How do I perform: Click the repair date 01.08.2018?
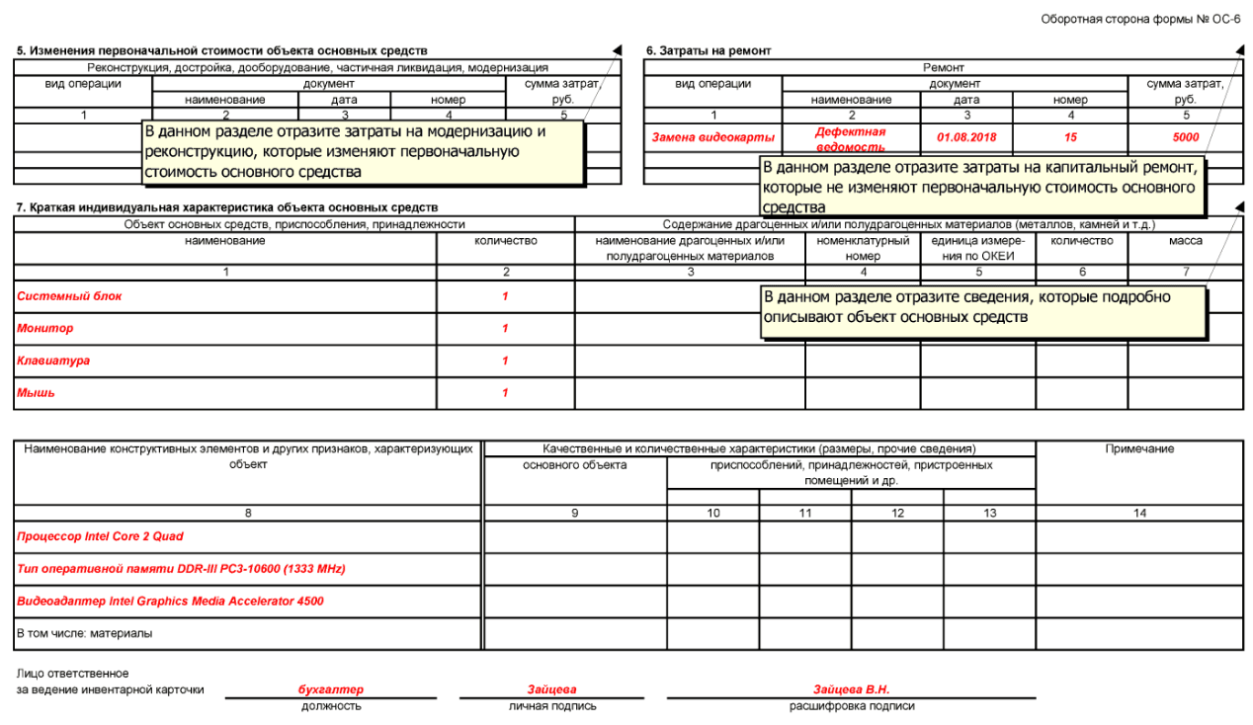[965, 138]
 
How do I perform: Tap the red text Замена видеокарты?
[712, 138]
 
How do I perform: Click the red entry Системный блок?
[69, 296]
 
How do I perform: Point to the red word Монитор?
[44, 328]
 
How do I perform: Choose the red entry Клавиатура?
[53, 361]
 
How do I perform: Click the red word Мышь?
[36, 393]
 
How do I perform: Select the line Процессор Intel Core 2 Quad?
[100, 536]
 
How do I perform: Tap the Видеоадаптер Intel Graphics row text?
[170, 601]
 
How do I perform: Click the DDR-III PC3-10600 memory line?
[181, 569]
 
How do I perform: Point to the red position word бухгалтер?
[330, 689]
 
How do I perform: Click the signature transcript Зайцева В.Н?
[851, 689]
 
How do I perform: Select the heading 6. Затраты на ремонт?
[708, 50]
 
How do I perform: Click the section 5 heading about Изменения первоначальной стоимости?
[222, 50]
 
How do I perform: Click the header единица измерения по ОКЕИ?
[978, 249]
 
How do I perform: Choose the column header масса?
[1186, 241]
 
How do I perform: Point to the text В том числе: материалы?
[85, 633]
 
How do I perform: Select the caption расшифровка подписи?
[851, 706]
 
